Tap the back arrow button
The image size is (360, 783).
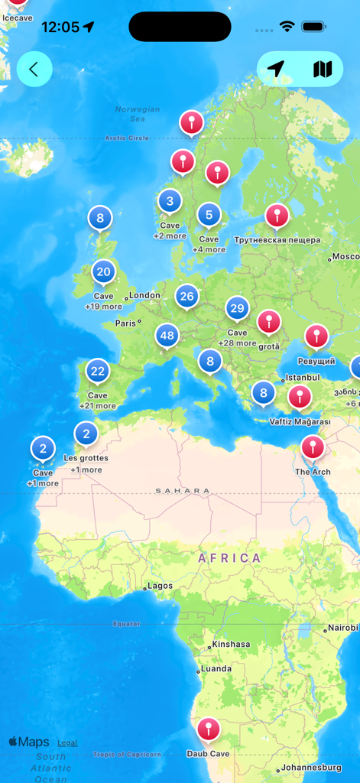[x=34, y=70]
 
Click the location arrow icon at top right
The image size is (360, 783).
[x=276, y=70]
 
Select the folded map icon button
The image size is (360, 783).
[x=323, y=70]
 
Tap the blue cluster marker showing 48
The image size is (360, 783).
[x=167, y=335]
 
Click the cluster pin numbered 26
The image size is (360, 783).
[x=186, y=296]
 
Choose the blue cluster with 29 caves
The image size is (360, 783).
[x=237, y=309]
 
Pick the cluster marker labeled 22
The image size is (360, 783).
[x=97, y=372]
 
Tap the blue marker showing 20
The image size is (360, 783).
[x=103, y=271]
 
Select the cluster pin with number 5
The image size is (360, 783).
[x=209, y=216]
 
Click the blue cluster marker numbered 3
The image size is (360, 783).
[x=170, y=202]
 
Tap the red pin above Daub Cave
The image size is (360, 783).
[x=208, y=729]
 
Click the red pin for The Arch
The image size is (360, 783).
[x=313, y=447]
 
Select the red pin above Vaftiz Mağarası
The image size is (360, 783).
[x=299, y=397]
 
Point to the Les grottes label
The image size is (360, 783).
[x=86, y=458]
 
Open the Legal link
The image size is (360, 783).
[x=67, y=742]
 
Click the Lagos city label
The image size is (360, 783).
[x=160, y=586]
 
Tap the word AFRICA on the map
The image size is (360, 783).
[x=229, y=558]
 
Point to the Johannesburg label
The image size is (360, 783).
[x=311, y=767]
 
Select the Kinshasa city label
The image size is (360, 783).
[x=231, y=644]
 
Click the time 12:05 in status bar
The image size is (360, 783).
[x=60, y=27]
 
